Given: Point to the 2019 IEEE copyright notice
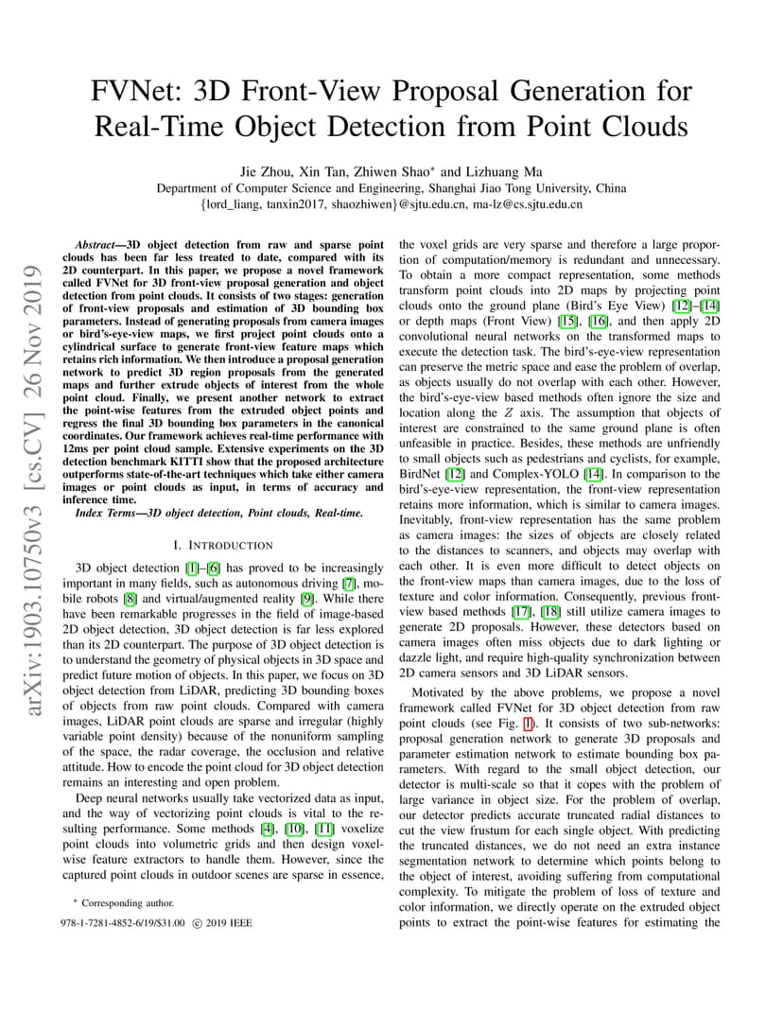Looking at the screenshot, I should point(220,921).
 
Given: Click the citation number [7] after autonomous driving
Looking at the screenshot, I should point(349,582).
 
